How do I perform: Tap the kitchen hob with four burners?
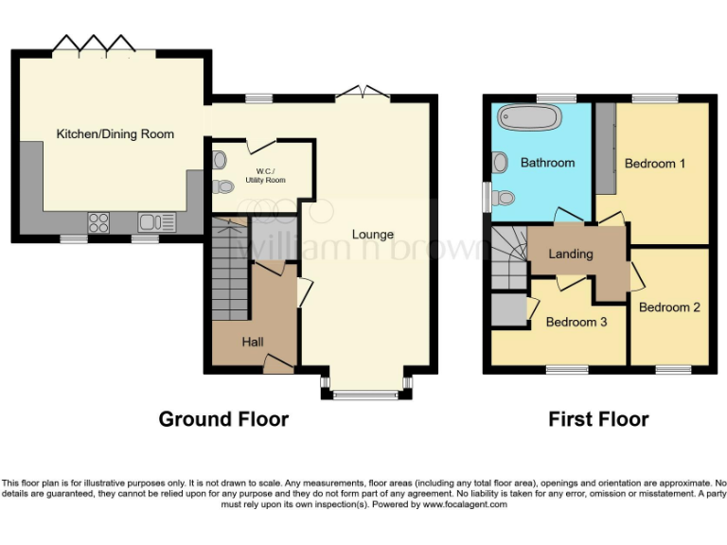(x=99, y=222)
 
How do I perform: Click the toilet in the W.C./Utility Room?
(x=222, y=185)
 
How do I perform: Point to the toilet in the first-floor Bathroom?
(x=504, y=197)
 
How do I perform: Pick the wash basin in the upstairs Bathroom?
(x=500, y=163)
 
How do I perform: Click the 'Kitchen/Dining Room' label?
(x=115, y=134)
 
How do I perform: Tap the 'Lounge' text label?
(x=373, y=234)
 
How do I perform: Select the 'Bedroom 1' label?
(x=655, y=164)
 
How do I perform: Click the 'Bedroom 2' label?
(x=669, y=308)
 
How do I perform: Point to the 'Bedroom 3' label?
(x=576, y=322)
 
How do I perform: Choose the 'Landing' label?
(x=571, y=254)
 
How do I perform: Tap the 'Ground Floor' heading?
(x=223, y=418)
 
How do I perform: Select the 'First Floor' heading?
(x=598, y=418)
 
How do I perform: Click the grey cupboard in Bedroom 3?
(x=508, y=309)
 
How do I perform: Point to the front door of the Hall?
(x=277, y=362)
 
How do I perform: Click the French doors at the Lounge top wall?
(x=361, y=92)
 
